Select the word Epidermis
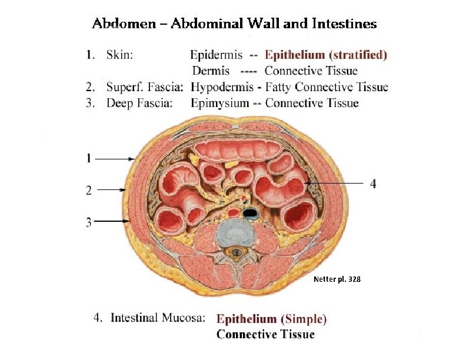[x=216, y=55]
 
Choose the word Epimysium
[x=219, y=104]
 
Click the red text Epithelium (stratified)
[x=326, y=55]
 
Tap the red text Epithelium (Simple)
[x=271, y=319]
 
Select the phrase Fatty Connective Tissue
[x=327, y=88]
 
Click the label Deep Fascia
[x=139, y=104]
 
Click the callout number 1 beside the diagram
[x=88, y=158]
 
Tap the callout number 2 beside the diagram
[x=88, y=190]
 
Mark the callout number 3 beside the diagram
[x=88, y=222]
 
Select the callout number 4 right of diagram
[x=372, y=184]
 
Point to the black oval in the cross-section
[x=252, y=212]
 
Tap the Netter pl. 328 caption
[x=338, y=279]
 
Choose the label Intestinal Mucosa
[x=158, y=318]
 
